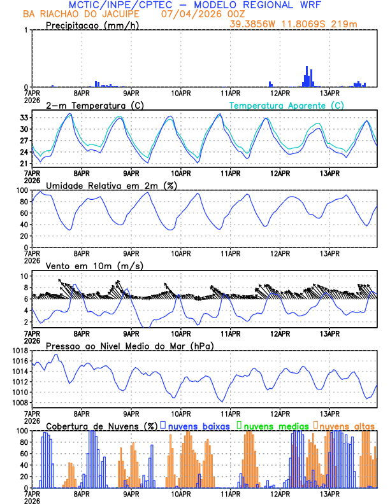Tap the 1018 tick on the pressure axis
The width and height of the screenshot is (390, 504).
(18, 351)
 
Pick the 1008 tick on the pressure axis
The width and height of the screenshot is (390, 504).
(18, 402)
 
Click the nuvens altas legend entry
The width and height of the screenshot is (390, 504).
(347, 424)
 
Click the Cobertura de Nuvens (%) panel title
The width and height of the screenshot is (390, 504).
(102, 424)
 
